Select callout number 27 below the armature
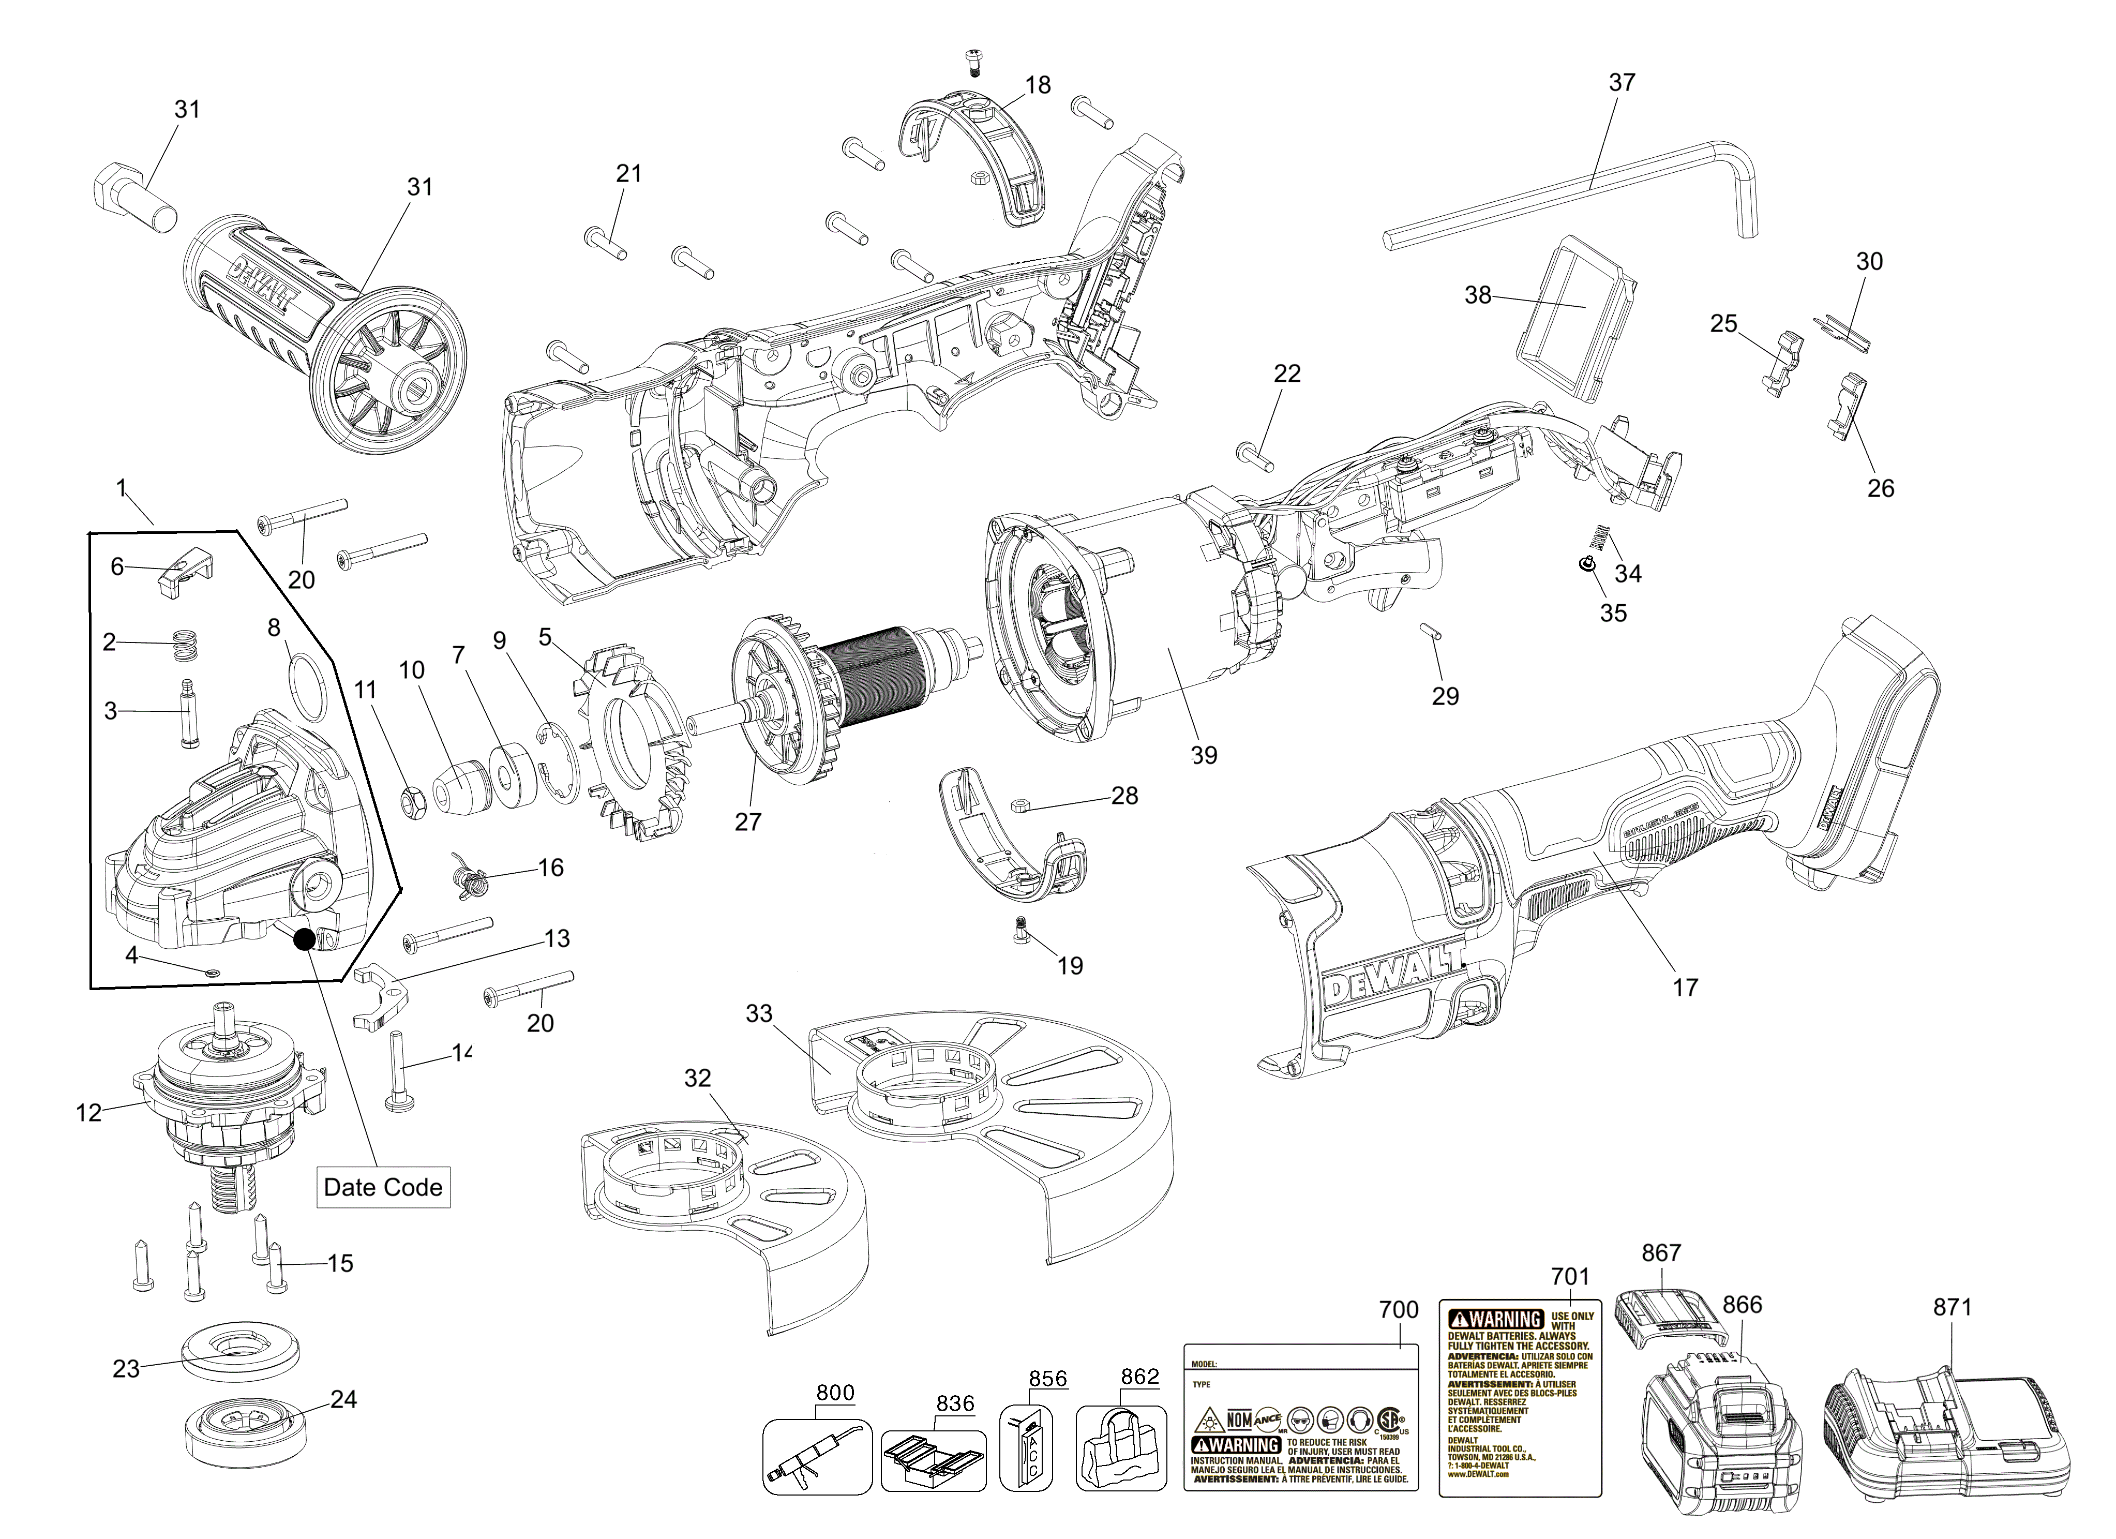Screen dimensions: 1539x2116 [747, 821]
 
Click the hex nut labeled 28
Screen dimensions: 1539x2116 [1020, 803]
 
